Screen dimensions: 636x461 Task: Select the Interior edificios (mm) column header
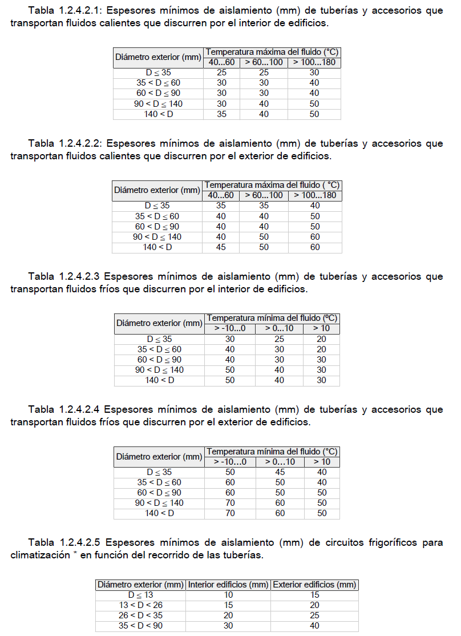[x=228, y=584]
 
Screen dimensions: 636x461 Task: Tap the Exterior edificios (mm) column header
[x=314, y=584]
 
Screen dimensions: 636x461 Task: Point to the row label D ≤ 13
[x=141, y=595]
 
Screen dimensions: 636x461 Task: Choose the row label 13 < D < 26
[x=141, y=605]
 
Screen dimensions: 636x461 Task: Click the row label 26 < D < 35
[x=141, y=615]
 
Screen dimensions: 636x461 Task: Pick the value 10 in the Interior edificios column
[x=228, y=595]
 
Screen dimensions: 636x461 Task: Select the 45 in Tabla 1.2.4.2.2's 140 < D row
[x=221, y=247]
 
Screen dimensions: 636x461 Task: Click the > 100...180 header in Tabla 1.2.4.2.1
[x=314, y=62]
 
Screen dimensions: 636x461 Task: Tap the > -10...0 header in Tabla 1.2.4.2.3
[x=230, y=328]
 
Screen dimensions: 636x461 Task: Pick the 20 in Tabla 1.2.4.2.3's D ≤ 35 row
[x=321, y=339]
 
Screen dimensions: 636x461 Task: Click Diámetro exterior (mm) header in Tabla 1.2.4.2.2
[x=156, y=190]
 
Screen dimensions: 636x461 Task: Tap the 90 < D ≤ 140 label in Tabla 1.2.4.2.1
[x=159, y=104]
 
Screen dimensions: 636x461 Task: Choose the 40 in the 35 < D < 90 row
[x=314, y=626]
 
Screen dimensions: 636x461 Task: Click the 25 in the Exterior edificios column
[x=314, y=615]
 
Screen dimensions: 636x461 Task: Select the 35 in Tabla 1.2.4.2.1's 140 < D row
[x=221, y=114]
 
